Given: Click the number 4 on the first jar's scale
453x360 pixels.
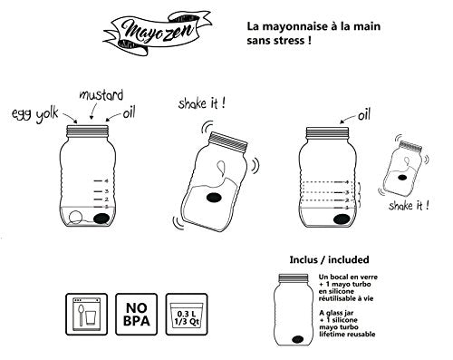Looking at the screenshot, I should (x=108, y=180).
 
